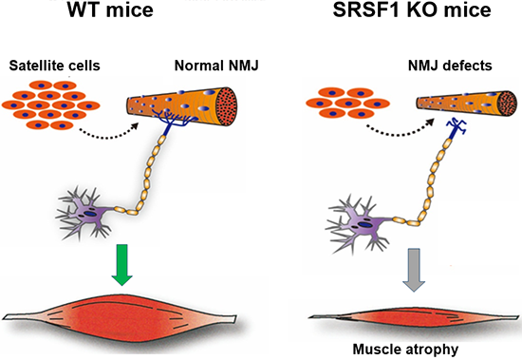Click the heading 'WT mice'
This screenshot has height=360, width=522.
(110, 9)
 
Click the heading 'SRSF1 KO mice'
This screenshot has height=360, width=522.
(412, 9)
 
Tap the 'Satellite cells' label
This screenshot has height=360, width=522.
(55, 66)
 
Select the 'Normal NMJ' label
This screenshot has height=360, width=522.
(216, 66)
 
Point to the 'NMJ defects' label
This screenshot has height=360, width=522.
(450, 66)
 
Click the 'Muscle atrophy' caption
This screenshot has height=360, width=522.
(405, 350)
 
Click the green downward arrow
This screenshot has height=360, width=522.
(122, 265)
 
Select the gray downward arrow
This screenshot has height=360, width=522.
(414, 270)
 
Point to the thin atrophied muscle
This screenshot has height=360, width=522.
(414, 316)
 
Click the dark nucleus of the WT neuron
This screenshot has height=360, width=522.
(89, 214)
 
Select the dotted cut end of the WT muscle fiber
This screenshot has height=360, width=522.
(227, 106)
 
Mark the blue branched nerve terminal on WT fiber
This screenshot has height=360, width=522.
(171, 120)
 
